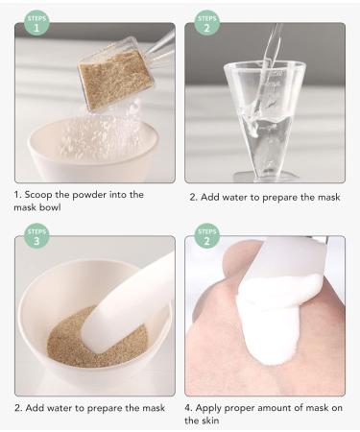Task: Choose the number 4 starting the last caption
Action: [x=192, y=407]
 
